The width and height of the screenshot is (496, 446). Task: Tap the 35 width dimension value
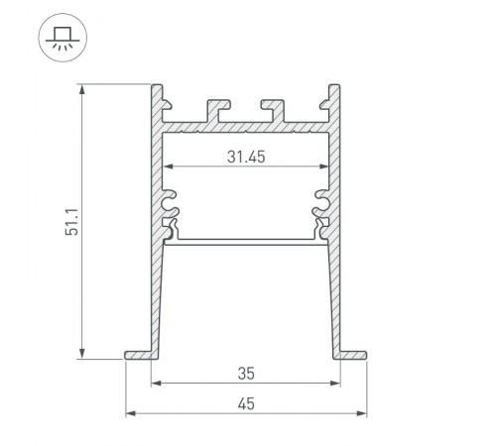pyautogui.click(x=246, y=373)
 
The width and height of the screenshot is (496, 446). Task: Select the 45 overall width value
pyautogui.click(x=246, y=402)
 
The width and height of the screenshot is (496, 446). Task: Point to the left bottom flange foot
pyautogui.click(x=138, y=354)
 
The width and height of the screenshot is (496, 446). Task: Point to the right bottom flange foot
pyautogui.click(x=351, y=354)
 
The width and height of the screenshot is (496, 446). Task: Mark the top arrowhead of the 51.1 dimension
pyautogui.click(x=82, y=90)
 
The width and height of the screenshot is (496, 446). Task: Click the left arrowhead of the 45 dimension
pyautogui.click(x=130, y=413)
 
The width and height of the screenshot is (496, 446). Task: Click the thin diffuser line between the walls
pyautogui.click(x=245, y=239)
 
